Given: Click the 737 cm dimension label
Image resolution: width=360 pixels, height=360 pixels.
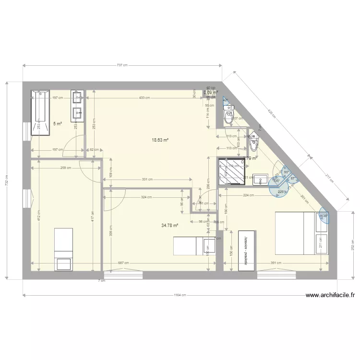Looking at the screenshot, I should pos(122,65).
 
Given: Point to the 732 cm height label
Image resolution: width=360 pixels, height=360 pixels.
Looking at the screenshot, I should pos(6,181).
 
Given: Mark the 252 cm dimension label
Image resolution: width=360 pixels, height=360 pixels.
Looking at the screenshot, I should pos(353,245).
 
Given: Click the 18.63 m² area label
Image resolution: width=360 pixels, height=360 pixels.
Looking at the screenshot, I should pos(160,140).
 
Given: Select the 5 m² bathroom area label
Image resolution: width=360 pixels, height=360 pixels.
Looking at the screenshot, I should pos(58,124).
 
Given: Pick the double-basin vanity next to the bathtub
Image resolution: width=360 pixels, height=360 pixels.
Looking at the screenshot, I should pos(77,105).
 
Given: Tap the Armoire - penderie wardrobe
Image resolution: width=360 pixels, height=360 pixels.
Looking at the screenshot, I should pos(247,251).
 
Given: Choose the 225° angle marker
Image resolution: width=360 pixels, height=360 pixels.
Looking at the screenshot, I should pos(281,192).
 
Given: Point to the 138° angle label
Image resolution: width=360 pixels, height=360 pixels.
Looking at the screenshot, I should pos(324,216).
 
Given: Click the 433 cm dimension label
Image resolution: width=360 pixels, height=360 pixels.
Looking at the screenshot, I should pos(144,98).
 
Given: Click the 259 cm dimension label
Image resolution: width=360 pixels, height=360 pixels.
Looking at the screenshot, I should pos(66,168).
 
